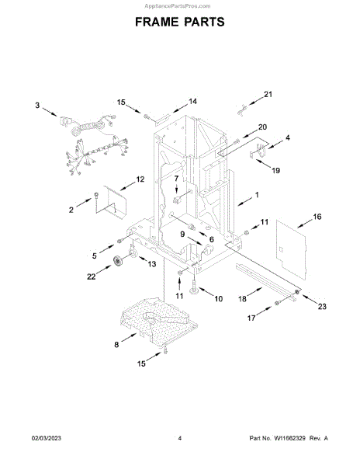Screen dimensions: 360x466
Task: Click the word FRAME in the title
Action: (x=157, y=22)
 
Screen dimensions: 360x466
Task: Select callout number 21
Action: (x=268, y=94)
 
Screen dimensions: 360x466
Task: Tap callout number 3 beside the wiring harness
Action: (x=37, y=105)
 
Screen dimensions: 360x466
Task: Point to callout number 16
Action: (x=317, y=217)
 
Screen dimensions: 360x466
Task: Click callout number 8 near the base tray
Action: (x=116, y=344)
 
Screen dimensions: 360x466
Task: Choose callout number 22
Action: (x=91, y=276)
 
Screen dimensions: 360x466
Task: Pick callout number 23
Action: (x=322, y=306)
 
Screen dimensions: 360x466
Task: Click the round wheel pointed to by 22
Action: (x=119, y=261)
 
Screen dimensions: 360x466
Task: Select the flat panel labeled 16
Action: (x=291, y=249)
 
